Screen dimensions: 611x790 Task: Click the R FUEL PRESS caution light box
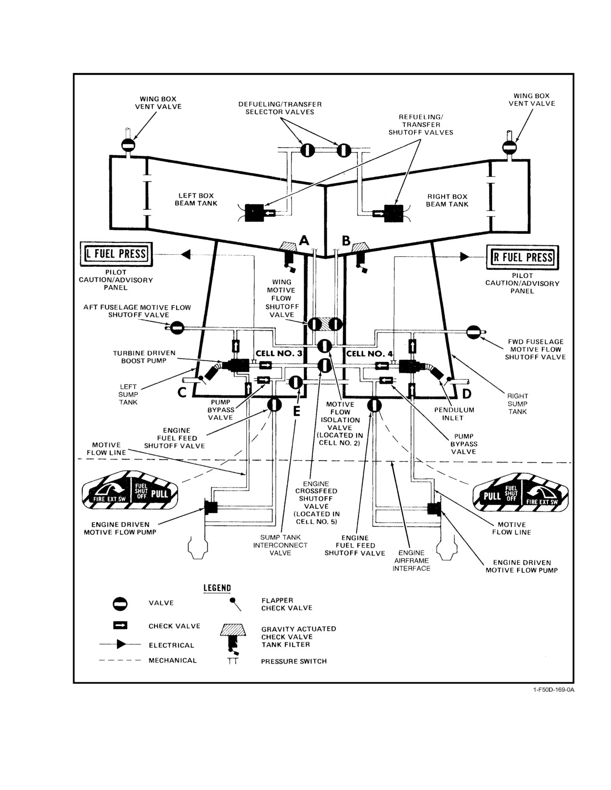[522, 257]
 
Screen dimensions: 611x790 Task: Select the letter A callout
[304, 240]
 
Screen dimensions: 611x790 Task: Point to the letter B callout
[346, 240]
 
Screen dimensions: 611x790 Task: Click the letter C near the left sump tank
[182, 393]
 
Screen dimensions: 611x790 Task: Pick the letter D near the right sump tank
[467, 394]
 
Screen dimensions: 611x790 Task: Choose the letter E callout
[297, 411]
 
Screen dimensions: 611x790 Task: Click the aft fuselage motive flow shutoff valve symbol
[177, 328]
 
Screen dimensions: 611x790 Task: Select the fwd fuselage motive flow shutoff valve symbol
[474, 332]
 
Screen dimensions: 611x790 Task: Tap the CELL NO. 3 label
[279, 353]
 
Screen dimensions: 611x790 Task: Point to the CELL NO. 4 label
[369, 353]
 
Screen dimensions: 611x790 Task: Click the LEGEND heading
[217, 588]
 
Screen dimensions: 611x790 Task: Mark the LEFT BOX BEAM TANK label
[196, 199]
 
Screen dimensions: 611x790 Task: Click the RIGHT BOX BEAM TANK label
[447, 201]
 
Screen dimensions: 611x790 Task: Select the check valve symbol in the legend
[120, 626]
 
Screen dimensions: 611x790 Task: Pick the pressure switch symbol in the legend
[233, 661]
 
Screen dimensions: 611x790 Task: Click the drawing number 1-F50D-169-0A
[554, 690]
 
